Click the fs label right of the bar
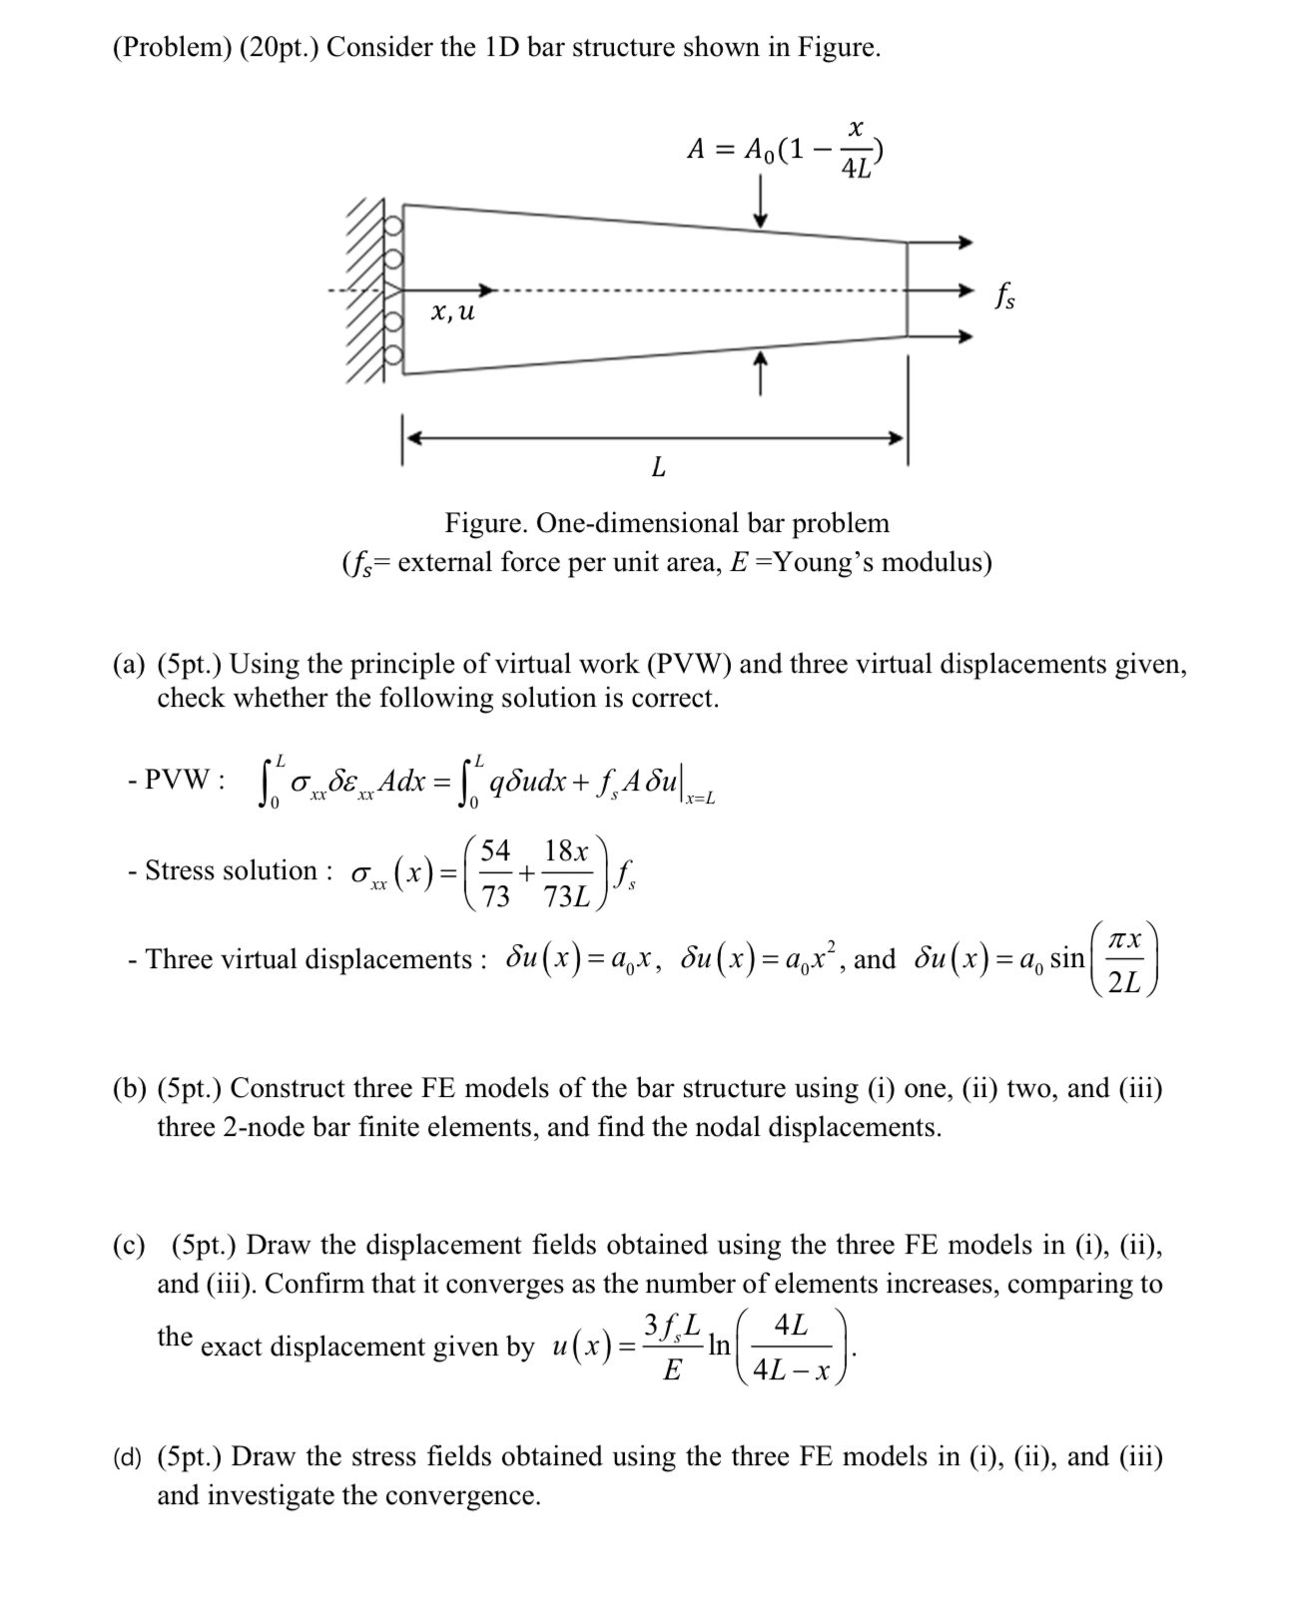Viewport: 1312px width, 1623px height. (1004, 296)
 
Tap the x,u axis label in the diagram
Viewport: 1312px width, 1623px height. (452, 312)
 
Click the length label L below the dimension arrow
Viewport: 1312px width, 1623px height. (657, 466)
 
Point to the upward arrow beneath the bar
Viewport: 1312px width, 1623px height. (761, 372)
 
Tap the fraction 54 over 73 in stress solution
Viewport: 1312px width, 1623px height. (495, 873)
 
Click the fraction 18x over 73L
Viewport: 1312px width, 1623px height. (566, 873)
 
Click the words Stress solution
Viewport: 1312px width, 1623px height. (231, 870)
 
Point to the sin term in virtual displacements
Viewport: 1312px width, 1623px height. (1067, 959)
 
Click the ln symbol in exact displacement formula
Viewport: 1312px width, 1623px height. (718, 1345)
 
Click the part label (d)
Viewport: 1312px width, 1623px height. (128, 1457)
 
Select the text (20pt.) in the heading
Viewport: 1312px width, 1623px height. (274, 47)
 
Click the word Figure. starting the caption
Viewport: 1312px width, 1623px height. (486, 523)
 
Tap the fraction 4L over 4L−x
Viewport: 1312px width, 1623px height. (791, 1348)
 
